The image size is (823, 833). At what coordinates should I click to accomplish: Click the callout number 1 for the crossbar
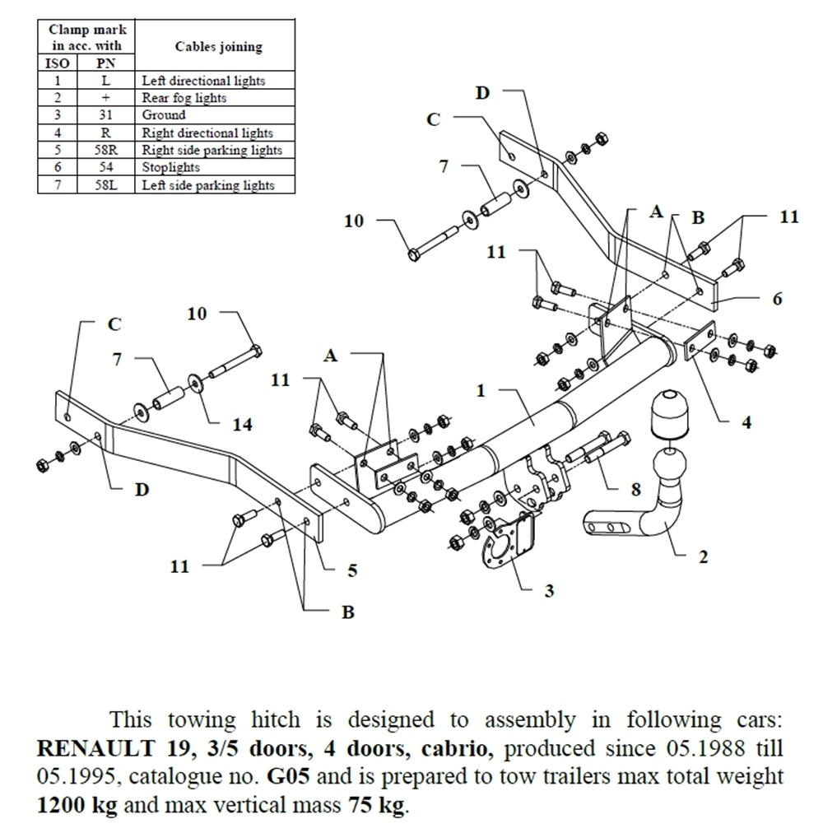(x=482, y=390)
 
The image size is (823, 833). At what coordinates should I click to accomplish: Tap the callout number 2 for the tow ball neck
(x=703, y=557)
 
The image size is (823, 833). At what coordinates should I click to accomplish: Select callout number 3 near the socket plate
(x=549, y=590)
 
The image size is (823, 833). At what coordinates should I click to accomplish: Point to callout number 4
(x=746, y=423)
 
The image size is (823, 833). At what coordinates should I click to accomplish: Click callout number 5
(x=351, y=570)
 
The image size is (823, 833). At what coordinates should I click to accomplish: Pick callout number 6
(x=777, y=299)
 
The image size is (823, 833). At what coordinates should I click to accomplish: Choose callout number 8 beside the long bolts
(x=635, y=490)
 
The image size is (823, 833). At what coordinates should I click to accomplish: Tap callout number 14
(x=242, y=425)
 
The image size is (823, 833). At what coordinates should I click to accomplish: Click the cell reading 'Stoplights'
(x=170, y=168)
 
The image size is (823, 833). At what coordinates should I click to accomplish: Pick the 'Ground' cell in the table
(x=164, y=115)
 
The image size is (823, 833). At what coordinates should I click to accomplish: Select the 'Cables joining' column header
(x=218, y=47)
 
